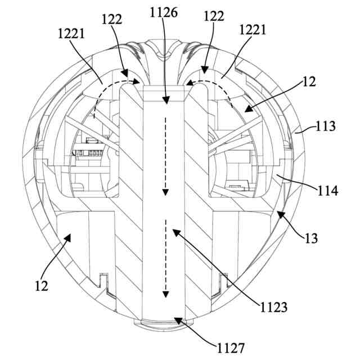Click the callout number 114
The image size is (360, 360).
327,191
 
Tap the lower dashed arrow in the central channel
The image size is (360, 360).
166,259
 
